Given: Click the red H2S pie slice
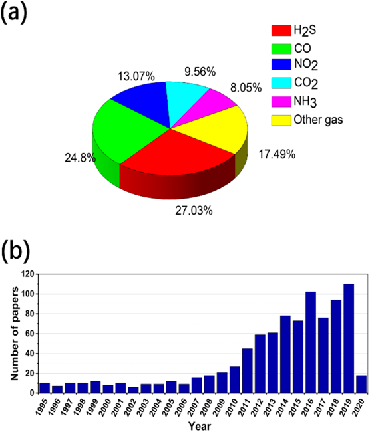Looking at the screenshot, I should pyautogui.click(x=180, y=156).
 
